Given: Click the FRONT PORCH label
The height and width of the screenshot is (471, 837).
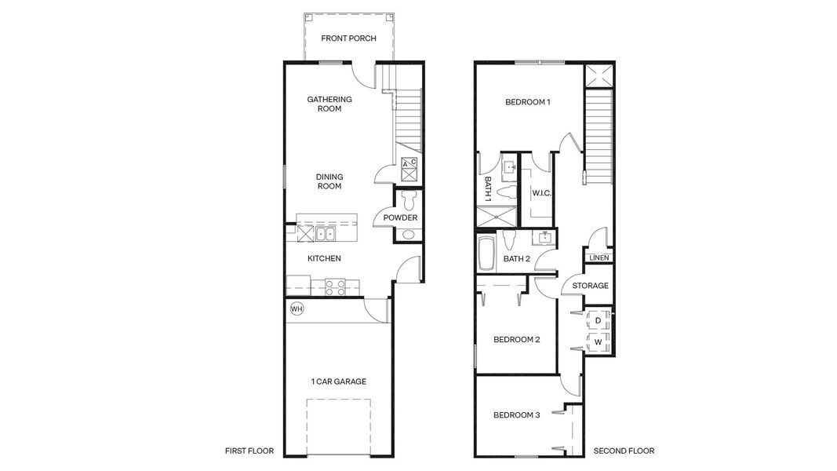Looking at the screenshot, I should (349, 38).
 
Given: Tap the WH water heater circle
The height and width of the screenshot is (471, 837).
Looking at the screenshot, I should (297, 309).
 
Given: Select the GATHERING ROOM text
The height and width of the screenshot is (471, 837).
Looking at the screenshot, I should (329, 104).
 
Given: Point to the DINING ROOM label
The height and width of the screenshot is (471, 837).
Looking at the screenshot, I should (329, 181).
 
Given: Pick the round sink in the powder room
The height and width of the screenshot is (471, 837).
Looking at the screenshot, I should (408, 235).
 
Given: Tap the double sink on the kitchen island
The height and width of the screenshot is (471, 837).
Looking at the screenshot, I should (324, 233).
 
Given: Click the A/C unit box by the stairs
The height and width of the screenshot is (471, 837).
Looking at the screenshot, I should (409, 165).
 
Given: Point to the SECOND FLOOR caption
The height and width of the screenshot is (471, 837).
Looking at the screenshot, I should (624, 451).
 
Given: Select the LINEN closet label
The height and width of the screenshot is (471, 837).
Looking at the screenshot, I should (599, 257).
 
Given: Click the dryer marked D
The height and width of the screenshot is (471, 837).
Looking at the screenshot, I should (598, 321).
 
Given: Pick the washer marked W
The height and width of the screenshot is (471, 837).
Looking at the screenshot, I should (598, 342).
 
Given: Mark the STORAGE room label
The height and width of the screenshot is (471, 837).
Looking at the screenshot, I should (590, 286).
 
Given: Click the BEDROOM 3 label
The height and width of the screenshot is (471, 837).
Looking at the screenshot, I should (516, 415).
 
